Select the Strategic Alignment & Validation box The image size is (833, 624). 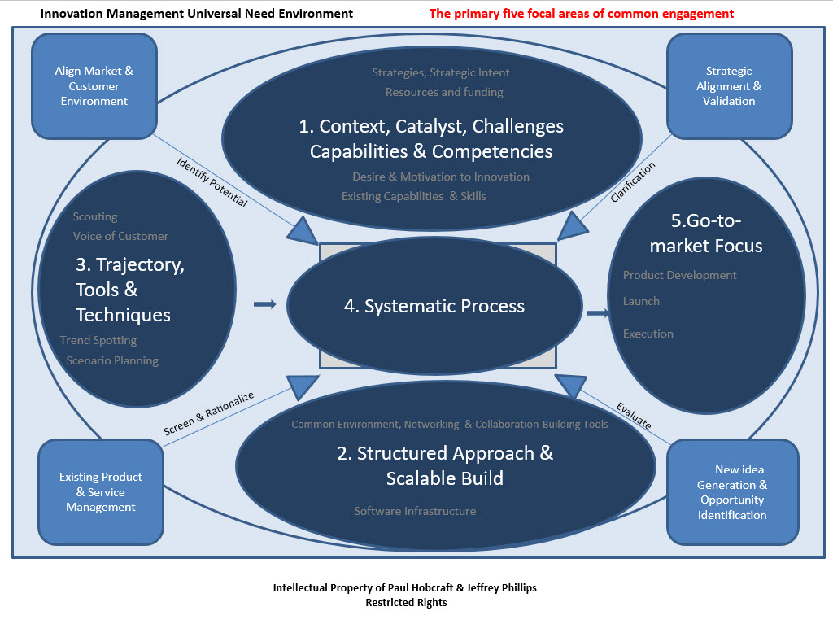click(729, 85)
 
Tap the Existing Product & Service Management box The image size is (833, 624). click(101, 491)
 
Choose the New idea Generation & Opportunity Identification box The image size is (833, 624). click(731, 491)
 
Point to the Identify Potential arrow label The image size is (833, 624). click(212, 181)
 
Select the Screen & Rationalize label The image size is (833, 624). click(209, 415)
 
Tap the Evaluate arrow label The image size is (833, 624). click(633, 415)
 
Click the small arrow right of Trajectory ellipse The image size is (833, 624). click(265, 304)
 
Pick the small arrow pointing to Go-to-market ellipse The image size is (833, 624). click(599, 312)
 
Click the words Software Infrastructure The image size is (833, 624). click(415, 511)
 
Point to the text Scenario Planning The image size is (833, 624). click(112, 360)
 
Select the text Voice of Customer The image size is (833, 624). click(120, 236)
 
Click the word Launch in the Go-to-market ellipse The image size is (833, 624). click(641, 301)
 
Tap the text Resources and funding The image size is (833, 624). click(444, 92)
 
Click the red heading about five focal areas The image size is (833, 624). click(581, 14)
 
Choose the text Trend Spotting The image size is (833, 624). click(98, 340)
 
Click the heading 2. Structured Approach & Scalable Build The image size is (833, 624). click(445, 465)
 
